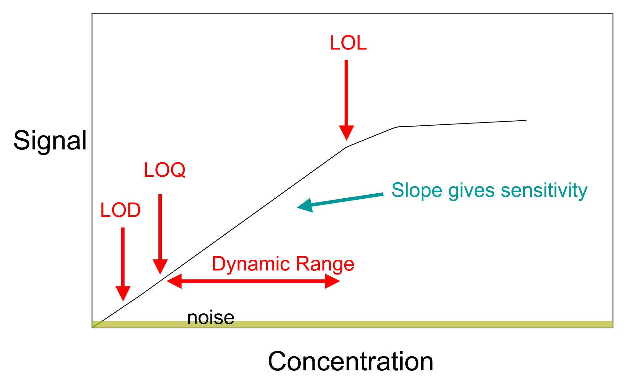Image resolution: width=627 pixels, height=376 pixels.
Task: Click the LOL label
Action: coord(348,43)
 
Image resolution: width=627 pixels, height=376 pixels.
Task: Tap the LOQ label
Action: coord(164,170)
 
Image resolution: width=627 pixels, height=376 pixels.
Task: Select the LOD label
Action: coord(120,210)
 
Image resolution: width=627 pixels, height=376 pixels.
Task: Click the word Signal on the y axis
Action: coord(50,141)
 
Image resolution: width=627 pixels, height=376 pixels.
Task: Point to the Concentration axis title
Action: coord(350,361)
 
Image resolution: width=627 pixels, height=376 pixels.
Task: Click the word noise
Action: coord(210,317)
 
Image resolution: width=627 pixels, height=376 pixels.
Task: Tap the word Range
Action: coord(325,264)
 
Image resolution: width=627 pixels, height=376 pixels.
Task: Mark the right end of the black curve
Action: coord(526,120)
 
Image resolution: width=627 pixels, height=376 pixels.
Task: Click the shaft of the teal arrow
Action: coord(348,200)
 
